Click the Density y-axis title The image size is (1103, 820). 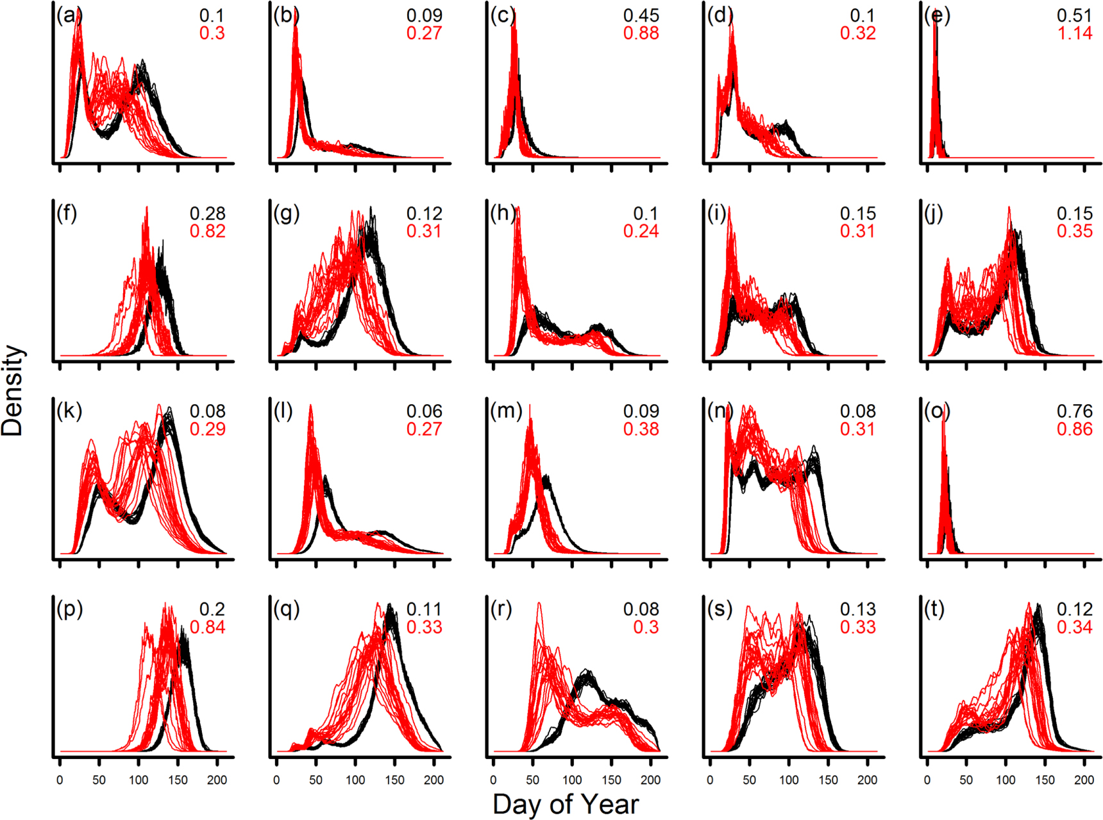coord(13,391)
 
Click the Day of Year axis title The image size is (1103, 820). coord(566,805)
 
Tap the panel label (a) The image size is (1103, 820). coord(69,15)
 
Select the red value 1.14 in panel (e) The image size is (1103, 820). coord(1075,33)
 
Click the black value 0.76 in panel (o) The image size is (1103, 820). coord(1075,411)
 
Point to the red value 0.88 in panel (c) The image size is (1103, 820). coord(641,33)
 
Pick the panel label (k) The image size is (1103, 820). coord(69,411)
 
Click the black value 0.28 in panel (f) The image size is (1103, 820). coord(207,214)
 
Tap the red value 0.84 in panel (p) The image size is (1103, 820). coord(207,627)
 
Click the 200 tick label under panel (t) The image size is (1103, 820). coord(1084,780)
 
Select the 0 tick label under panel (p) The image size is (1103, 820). coord(60,780)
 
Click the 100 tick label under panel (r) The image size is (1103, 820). coord(572,780)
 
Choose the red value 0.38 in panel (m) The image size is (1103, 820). coord(641,429)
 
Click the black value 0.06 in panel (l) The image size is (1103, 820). coord(424,411)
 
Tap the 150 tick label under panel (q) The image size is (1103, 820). coord(394,780)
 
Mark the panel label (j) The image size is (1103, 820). coord(934,214)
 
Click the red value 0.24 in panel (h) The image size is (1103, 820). coord(641,232)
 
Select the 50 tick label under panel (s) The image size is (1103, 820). coord(749,780)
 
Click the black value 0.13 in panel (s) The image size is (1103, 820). coord(857,609)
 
